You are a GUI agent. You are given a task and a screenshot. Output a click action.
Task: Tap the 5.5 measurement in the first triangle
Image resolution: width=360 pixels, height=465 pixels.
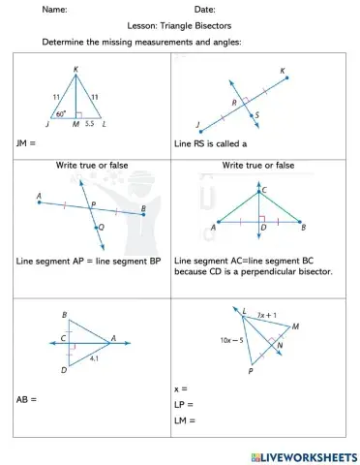click(x=89, y=125)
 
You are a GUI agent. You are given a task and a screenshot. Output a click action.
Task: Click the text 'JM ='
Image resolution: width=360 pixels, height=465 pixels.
click(x=26, y=142)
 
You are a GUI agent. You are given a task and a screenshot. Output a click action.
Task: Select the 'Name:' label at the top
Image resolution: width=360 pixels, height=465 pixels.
click(x=54, y=9)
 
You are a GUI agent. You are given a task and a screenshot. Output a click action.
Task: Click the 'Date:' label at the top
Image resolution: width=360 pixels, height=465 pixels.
click(x=204, y=9)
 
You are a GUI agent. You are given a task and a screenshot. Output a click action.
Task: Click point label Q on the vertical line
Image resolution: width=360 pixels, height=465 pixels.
click(x=103, y=228)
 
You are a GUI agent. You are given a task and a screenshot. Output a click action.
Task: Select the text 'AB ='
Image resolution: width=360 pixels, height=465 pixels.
click(x=26, y=399)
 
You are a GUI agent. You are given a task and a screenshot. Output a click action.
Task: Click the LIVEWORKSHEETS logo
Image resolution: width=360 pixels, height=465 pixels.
click(x=299, y=453)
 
